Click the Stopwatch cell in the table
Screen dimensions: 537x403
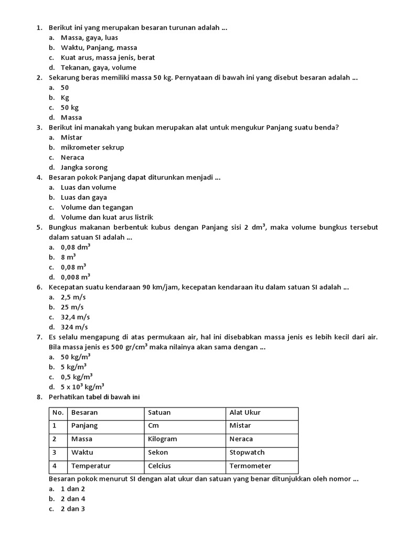247,452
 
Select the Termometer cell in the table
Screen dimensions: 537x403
250,466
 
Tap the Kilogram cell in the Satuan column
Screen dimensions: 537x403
163,439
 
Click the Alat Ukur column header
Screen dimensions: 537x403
245,412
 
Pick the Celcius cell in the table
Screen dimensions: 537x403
160,466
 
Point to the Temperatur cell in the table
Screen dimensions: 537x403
91,466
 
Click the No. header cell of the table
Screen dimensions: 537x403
58,412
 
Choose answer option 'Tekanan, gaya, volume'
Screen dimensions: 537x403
98,68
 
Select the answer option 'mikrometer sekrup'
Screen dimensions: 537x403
92,147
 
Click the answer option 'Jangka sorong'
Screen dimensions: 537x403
84,167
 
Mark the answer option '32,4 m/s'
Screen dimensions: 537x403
75,317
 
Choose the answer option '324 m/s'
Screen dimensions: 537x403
74,327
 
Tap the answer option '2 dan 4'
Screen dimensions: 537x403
73,499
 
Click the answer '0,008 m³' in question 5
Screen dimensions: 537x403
76,277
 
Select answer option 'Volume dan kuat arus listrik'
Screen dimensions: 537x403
107,217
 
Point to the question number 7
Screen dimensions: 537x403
39,337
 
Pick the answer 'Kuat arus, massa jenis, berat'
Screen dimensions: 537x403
108,58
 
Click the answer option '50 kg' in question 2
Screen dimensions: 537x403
70,108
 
